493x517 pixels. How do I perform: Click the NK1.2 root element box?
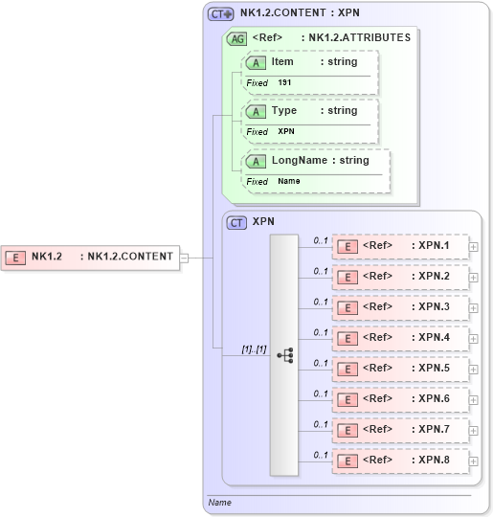(x=91, y=257)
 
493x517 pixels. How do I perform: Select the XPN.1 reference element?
(x=400, y=246)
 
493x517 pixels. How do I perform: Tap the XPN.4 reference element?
(x=400, y=338)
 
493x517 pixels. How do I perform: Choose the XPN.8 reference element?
(x=400, y=461)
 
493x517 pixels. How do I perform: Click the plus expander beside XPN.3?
(x=474, y=307)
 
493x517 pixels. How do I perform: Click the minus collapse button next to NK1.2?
(x=185, y=257)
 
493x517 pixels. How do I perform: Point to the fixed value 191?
(x=284, y=83)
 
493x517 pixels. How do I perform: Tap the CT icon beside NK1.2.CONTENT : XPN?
(x=221, y=14)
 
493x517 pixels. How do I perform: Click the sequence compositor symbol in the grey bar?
(x=284, y=354)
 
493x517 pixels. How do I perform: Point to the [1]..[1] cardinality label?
(x=253, y=350)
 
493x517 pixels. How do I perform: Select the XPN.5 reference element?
(x=400, y=369)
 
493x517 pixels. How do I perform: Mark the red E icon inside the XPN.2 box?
(x=349, y=278)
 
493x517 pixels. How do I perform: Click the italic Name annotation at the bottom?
(x=219, y=503)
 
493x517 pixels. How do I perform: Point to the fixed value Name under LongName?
(x=288, y=181)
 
